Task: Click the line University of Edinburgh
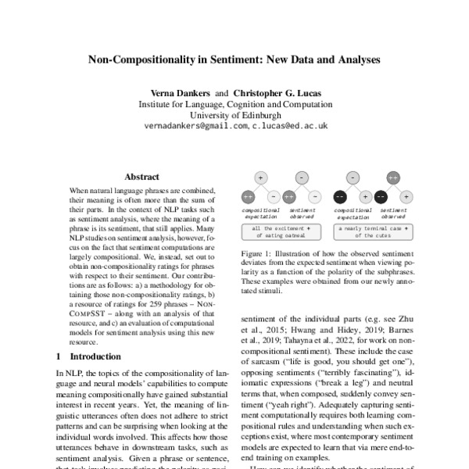234,114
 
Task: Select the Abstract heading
141,177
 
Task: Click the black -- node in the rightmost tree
382,196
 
